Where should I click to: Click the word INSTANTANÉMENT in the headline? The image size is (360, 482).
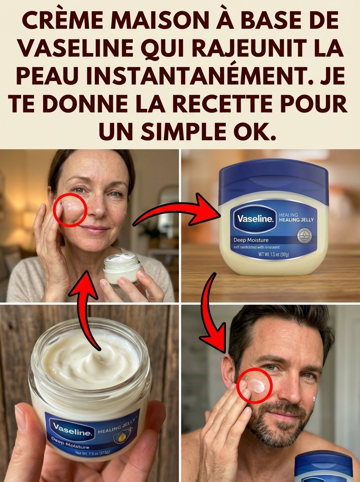pos(184,76)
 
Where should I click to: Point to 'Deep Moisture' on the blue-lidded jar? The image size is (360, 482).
pos(252,240)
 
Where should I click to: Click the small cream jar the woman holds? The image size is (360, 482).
pos(122,268)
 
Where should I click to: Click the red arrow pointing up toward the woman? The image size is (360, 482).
pos(89,305)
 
